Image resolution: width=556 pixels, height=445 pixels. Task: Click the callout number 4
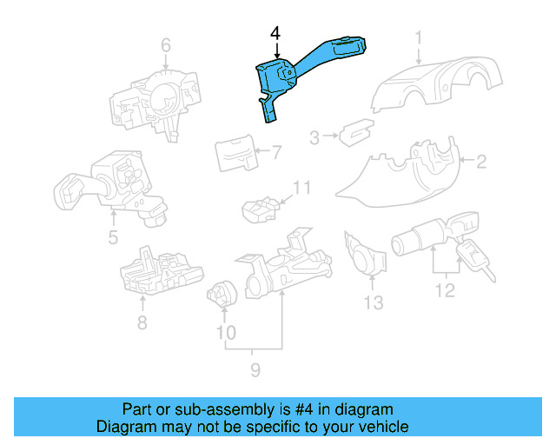pos(275,34)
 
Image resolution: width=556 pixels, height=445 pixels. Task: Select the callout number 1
pos(418,37)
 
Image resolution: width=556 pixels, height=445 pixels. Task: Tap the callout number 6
pos(165,45)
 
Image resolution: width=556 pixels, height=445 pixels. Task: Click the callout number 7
pos(276,154)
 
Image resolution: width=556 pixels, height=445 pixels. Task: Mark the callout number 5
pos(113,237)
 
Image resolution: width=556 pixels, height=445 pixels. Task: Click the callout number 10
pos(226,332)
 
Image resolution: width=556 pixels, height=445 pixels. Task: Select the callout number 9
pos(255,371)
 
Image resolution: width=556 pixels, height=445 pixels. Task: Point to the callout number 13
pos(373,302)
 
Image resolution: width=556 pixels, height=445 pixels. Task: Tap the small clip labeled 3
pos(353,133)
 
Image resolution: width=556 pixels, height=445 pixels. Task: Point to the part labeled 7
pos(235,153)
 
